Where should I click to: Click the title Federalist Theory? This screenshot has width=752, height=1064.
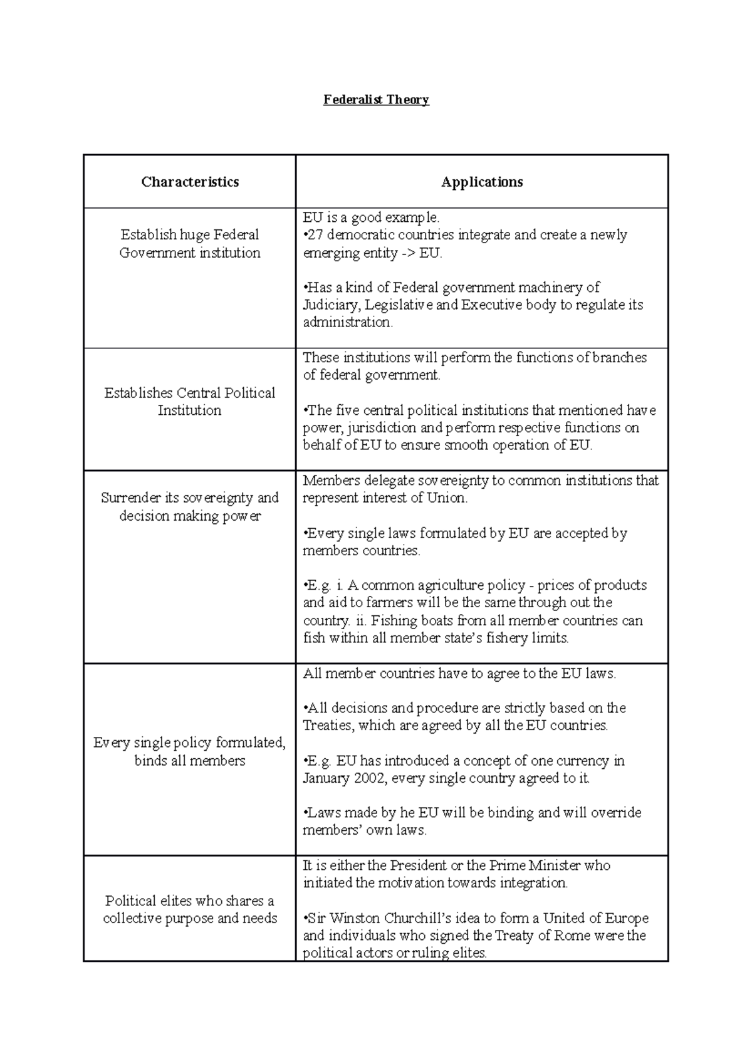(x=376, y=100)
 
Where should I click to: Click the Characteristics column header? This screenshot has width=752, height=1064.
(x=190, y=182)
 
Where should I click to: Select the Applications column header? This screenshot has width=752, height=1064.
(x=482, y=182)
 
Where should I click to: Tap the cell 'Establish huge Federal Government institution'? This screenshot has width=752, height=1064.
(x=190, y=244)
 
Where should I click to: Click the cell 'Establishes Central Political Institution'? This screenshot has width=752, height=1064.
(x=190, y=402)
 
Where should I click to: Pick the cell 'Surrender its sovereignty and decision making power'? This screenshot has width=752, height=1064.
(x=190, y=507)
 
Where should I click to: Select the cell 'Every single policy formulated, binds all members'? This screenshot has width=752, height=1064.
(x=190, y=751)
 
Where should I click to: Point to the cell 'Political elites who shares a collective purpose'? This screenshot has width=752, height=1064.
(x=190, y=909)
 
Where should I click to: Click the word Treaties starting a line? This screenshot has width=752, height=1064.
(x=326, y=726)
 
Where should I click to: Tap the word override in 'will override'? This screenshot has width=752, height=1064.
(x=617, y=813)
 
